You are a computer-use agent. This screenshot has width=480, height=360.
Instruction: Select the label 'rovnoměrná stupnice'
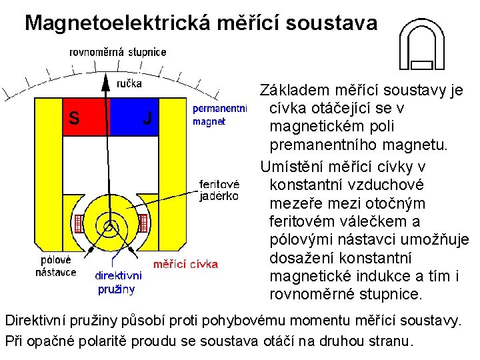[118, 52]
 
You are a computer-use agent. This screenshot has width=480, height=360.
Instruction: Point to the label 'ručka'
[129, 83]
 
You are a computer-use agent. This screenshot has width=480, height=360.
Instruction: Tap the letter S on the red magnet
[75, 119]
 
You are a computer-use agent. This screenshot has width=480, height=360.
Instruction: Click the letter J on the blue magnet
[147, 119]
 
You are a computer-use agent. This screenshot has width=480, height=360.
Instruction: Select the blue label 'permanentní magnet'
[219, 115]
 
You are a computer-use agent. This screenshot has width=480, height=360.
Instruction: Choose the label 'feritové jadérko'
[219, 190]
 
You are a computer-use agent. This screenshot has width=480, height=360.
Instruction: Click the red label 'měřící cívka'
[186, 264]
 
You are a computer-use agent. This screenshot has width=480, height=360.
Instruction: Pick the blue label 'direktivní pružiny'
[118, 282]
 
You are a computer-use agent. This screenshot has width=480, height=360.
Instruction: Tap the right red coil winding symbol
[144, 223]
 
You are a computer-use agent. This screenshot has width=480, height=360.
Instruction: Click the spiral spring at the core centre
[110, 225]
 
